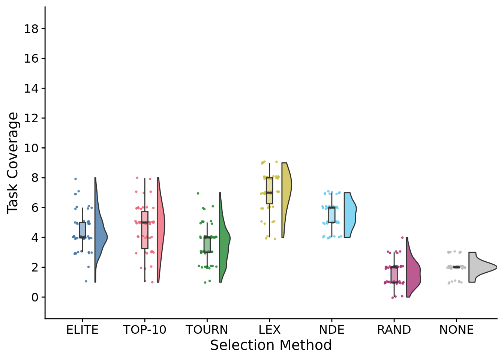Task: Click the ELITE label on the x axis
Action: tap(82, 330)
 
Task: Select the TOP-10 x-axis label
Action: tap(144, 330)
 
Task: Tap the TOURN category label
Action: tap(207, 330)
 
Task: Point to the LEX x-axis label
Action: tap(269, 330)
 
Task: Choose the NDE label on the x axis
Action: tap(331, 330)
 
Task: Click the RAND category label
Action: tap(394, 330)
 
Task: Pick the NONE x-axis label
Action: tap(456, 330)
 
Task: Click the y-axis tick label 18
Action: tap(31, 29)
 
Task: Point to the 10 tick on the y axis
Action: tap(31, 148)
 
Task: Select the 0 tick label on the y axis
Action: tap(35, 297)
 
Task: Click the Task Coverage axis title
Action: tap(13, 163)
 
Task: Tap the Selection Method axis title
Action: tap(271, 345)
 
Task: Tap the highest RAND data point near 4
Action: tap(402, 237)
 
